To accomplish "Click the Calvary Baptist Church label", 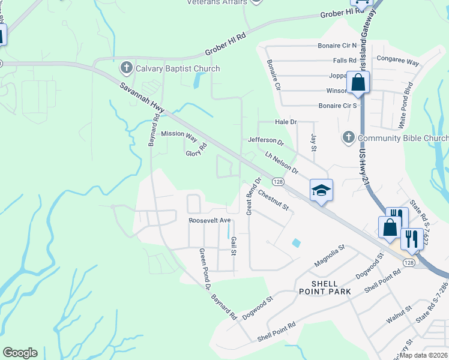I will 178,69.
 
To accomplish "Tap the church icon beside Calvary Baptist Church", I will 126,68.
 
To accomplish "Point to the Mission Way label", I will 179,135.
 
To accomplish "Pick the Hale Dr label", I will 286,122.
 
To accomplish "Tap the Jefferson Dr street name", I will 266,141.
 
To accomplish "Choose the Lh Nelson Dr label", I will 282,163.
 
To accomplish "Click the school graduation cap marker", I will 321,190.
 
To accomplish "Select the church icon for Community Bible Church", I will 348,138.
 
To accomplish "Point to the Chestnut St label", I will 274,200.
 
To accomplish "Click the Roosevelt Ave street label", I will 209,221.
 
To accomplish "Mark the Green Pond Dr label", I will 205,262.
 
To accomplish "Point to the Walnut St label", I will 399,314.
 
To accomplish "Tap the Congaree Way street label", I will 397,61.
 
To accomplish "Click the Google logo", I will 20,353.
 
